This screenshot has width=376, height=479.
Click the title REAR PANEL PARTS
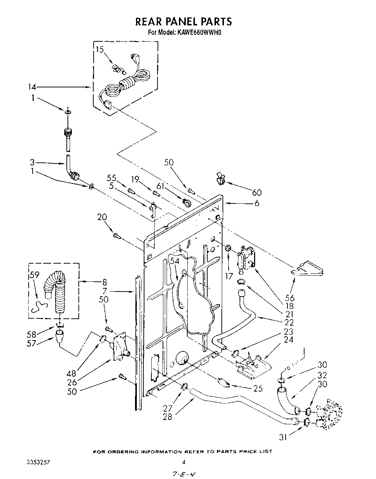pyautogui.click(x=183, y=22)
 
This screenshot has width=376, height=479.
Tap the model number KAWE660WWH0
pyautogui.click(x=199, y=33)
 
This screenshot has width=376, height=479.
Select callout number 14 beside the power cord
pyautogui.click(x=32, y=87)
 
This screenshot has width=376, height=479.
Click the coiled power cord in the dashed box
pyautogui.click(x=125, y=85)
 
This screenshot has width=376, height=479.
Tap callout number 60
pyautogui.click(x=257, y=192)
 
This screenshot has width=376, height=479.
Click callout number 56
pyautogui.click(x=290, y=298)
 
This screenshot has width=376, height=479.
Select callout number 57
pyautogui.click(x=31, y=343)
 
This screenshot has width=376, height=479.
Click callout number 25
pyautogui.click(x=258, y=388)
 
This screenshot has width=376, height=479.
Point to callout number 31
pyautogui.click(x=283, y=437)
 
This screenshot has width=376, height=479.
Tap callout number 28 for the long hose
pyautogui.click(x=167, y=417)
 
